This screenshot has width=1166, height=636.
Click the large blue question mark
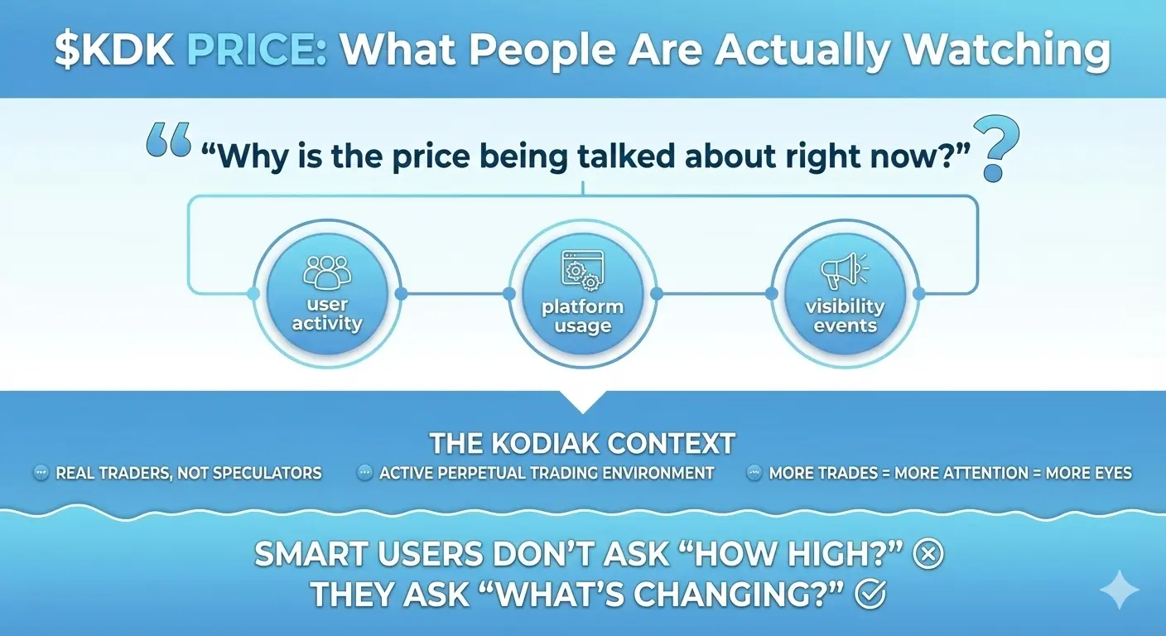[x=995, y=148]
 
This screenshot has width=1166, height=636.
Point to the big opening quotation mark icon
[x=168, y=139]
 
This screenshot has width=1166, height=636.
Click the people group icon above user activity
[x=327, y=272]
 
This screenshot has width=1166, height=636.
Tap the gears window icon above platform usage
[x=582, y=270]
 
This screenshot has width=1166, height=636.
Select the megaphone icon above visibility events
[x=844, y=271]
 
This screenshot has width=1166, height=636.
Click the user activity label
[x=327, y=314]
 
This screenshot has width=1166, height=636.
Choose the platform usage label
[x=582, y=316]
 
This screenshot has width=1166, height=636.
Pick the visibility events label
[x=845, y=316]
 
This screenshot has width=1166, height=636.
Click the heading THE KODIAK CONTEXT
[x=582, y=443]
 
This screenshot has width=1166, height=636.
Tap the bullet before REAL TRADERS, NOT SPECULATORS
[x=41, y=473]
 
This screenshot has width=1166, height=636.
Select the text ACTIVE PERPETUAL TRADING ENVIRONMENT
[x=547, y=473]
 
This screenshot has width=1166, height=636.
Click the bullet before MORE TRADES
[x=754, y=473]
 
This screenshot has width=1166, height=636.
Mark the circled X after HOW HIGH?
[x=928, y=554]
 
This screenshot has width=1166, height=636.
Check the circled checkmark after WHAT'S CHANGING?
[x=870, y=595]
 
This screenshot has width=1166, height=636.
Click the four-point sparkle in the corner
[x=1120, y=590]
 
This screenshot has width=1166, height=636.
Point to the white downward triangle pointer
[x=583, y=402]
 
